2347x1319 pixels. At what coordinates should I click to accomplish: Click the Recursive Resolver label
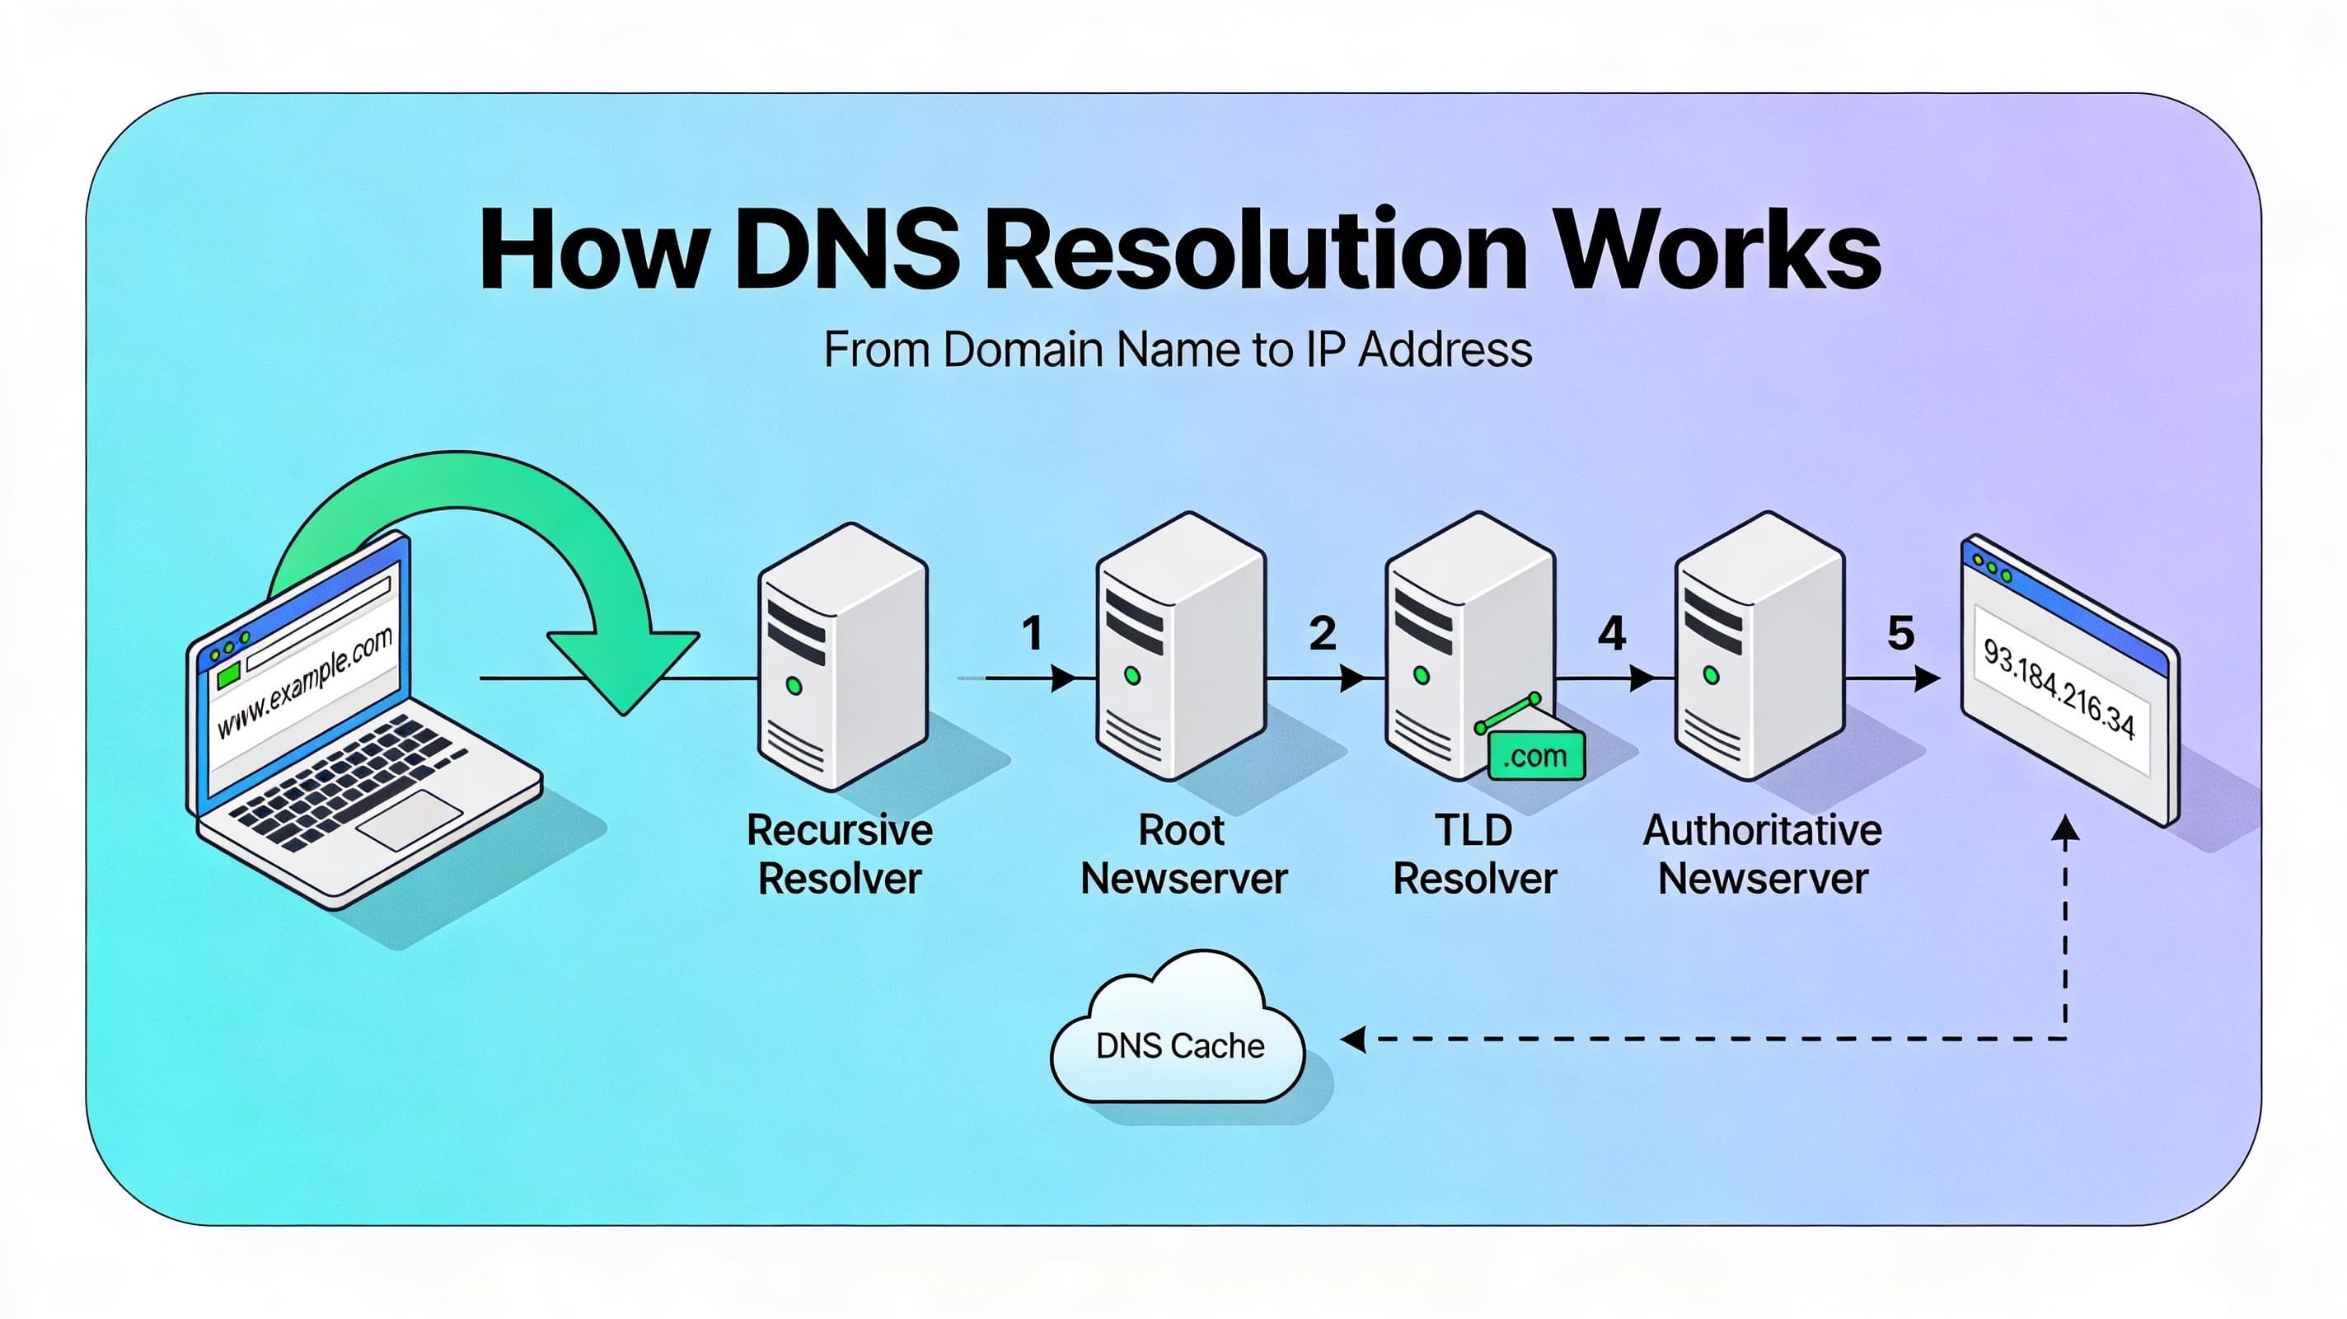[x=839, y=854]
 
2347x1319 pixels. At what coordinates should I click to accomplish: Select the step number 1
[x=1032, y=633]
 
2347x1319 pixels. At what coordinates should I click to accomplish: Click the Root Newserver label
[x=1183, y=854]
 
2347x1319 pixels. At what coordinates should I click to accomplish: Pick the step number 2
[x=1322, y=633]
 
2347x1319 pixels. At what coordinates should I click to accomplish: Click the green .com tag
[x=1535, y=757]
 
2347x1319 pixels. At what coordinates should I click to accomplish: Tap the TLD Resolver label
[x=1474, y=854]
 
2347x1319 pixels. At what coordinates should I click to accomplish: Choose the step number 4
[x=1612, y=633]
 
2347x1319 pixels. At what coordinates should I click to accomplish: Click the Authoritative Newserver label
[x=1762, y=854]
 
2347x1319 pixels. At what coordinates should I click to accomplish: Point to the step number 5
[x=1900, y=633]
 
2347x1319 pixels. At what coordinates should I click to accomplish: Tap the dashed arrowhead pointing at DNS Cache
[x=1354, y=1038]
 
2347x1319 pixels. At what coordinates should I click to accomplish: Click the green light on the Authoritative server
[x=1711, y=675]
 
